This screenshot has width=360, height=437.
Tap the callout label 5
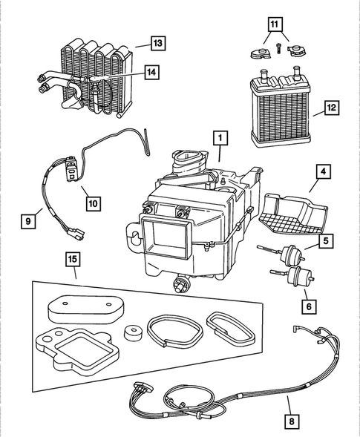[x=325, y=240]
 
